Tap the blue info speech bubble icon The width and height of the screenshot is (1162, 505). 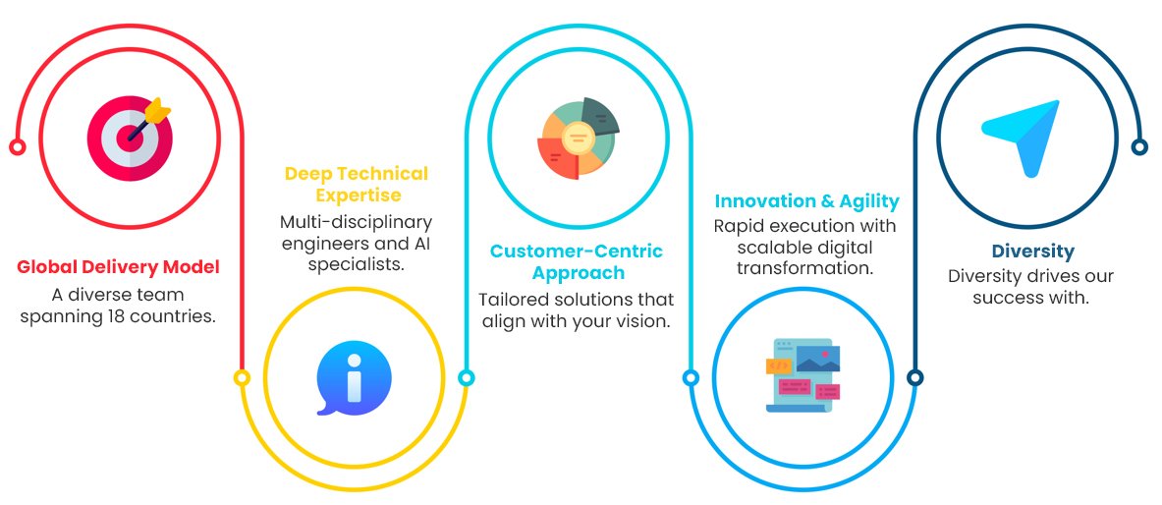[x=354, y=379]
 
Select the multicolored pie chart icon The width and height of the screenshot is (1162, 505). [x=578, y=138]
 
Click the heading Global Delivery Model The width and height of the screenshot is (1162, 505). [x=118, y=266]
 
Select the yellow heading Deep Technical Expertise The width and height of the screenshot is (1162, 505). [x=356, y=184]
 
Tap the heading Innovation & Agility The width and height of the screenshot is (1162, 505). [x=806, y=201]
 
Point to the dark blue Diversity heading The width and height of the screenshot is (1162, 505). [x=1032, y=252]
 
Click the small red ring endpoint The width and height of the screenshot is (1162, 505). [x=17, y=147]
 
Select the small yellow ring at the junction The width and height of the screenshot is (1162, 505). [x=243, y=377]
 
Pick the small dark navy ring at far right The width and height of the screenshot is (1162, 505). [x=1139, y=147]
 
